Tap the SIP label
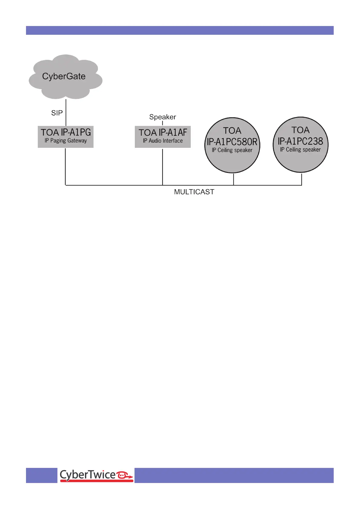point(57,113)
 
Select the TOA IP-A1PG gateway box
point(66,137)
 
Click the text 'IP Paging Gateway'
point(66,141)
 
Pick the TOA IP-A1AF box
point(163,137)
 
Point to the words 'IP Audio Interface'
point(163,141)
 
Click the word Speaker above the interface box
point(163,117)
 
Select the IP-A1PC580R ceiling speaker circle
point(232,145)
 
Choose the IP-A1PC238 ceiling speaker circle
point(300,145)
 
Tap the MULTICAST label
point(194,192)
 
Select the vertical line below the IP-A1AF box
point(163,166)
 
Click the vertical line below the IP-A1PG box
point(66,166)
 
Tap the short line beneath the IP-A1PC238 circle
point(302,179)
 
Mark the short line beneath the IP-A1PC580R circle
point(234,179)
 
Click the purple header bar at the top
point(180,30)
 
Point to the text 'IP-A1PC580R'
point(232,142)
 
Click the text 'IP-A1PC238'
point(300,141)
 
